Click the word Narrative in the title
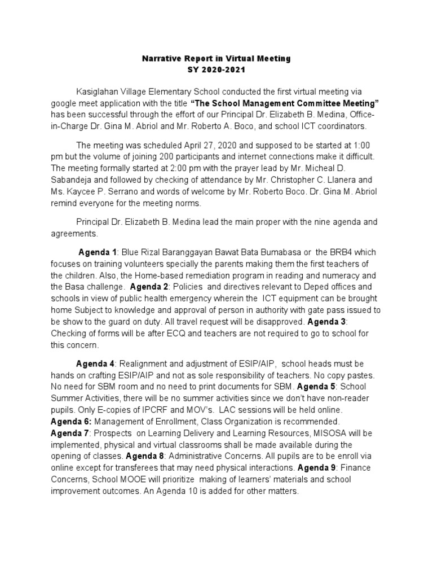click(x=160, y=59)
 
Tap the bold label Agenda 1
click(x=97, y=252)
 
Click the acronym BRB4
click(x=343, y=252)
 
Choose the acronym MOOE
click(x=133, y=479)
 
